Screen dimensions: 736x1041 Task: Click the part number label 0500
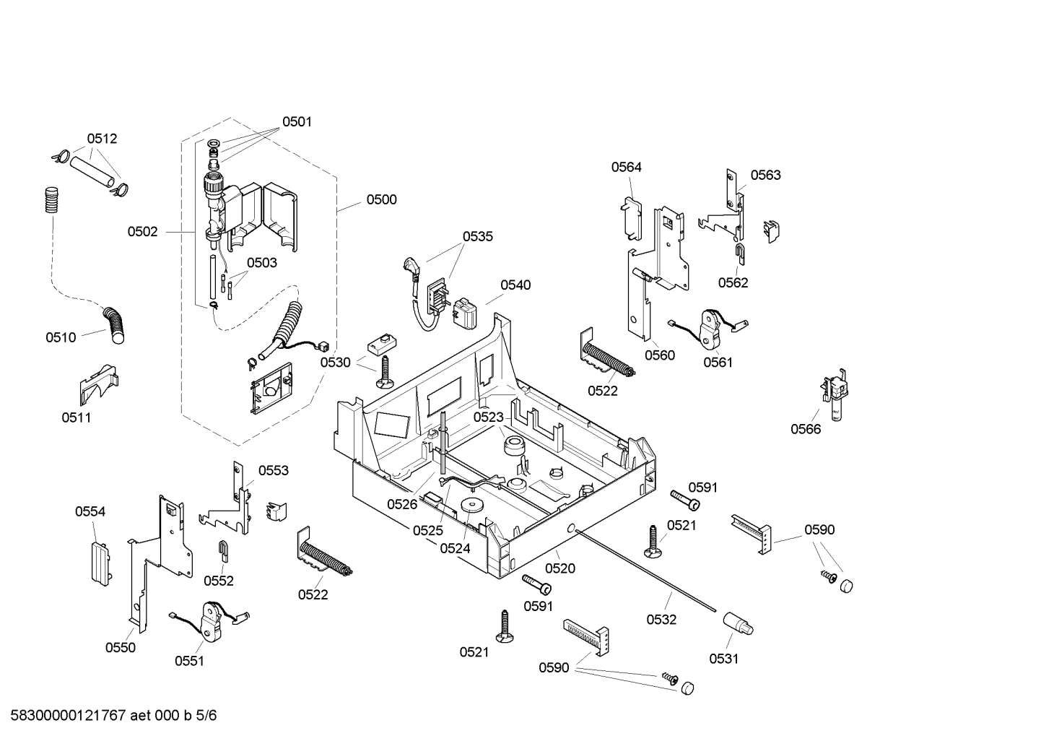pyautogui.click(x=381, y=200)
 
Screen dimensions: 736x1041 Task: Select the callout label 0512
pyautogui.click(x=102, y=139)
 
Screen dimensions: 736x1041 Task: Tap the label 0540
pyautogui.click(x=515, y=285)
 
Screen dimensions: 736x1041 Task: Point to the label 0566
pyautogui.click(x=806, y=429)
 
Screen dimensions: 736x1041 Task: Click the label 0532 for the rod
pyautogui.click(x=661, y=620)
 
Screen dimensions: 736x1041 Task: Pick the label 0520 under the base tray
pyautogui.click(x=560, y=568)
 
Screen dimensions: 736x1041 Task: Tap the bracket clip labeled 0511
pyautogui.click(x=97, y=384)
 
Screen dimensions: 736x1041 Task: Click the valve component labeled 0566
pyautogui.click(x=835, y=394)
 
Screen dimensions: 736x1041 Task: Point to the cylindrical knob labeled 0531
pyautogui.click(x=738, y=623)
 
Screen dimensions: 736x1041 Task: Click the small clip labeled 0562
pyautogui.click(x=741, y=253)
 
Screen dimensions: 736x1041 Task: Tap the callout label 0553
pyautogui.click(x=273, y=471)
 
